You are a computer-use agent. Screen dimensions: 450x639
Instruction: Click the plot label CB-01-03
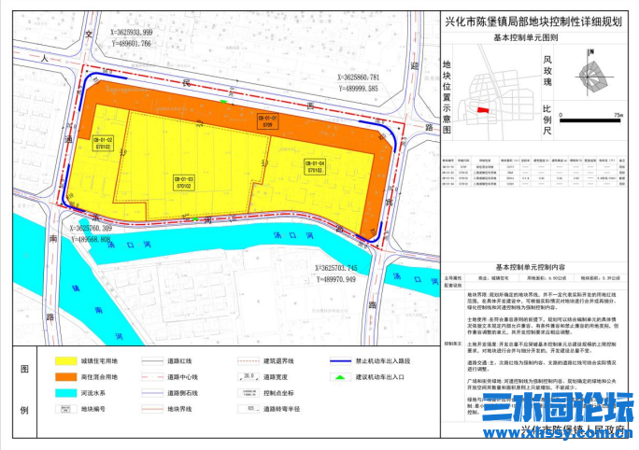[x=183, y=181]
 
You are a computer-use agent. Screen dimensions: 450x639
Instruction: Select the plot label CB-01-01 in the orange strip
[x=266, y=120]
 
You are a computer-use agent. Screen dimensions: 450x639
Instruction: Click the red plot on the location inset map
[x=483, y=110]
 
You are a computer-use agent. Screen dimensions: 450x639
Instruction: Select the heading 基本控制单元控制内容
[x=532, y=266]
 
